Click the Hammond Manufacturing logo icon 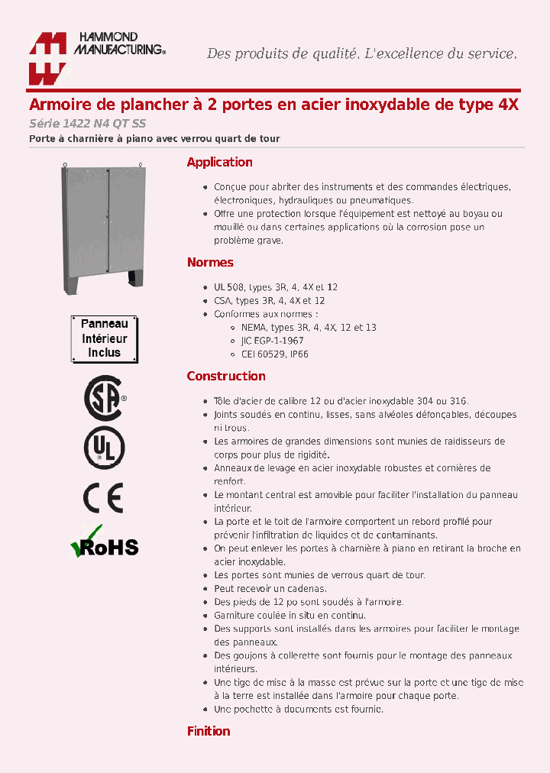[48, 58]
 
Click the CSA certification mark [103, 398]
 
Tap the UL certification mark [103, 448]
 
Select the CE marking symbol [103, 498]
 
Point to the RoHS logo [104, 542]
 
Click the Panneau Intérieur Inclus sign [104, 338]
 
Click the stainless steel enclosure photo [102, 229]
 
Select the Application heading [219, 162]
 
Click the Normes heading [210, 263]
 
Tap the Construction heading [226, 376]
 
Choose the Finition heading [209, 731]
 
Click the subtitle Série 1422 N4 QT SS [87, 124]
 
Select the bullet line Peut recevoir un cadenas [270, 589]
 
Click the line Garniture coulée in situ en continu [290, 616]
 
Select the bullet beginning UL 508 [275, 287]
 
